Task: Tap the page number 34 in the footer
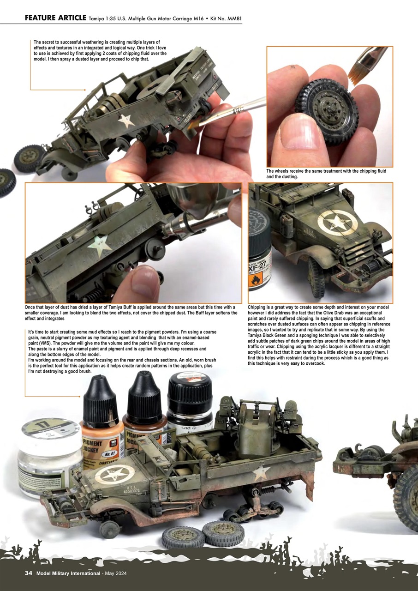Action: pyautogui.click(x=28, y=573)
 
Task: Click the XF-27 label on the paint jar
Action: pyautogui.click(x=260, y=267)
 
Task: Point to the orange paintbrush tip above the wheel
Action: pyautogui.click(x=358, y=70)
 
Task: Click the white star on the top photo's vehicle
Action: pyautogui.click(x=126, y=121)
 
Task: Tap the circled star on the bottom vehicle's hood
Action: pyautogui.click(x=113, y=473)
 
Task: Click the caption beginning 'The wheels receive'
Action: pyautogui.click(x=326, y=174)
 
